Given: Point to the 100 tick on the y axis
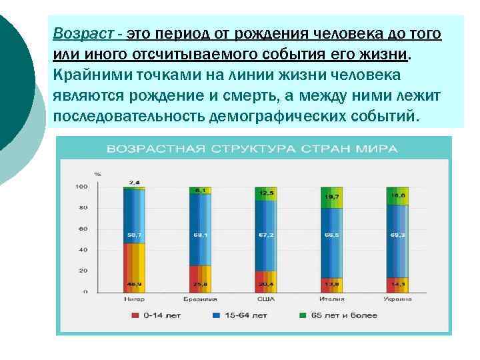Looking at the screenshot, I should (x=81, y=187).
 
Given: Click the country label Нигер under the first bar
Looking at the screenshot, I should (x=134, y=299).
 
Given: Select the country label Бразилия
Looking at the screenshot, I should (x=199, y=299).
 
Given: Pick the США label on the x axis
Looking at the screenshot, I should (x=265, y=299).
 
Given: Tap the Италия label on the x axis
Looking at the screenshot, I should (x=331, y=299).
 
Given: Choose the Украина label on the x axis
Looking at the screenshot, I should (x=397, y=299).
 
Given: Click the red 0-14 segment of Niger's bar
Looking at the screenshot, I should (x=134, y=267).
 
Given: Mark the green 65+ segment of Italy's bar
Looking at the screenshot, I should (x=331, y=197).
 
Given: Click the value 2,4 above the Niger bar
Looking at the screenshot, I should (x=134, y=182).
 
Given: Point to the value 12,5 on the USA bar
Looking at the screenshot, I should (x=265, y=193).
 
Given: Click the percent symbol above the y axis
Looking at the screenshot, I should (x=97, y=174).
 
